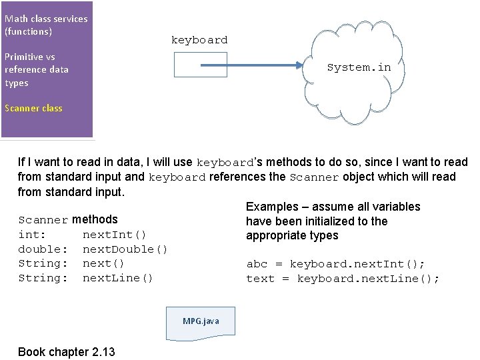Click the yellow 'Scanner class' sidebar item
tap(33, 108)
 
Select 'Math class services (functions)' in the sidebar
tap(45, 25)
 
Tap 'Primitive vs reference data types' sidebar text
tap(36, 69)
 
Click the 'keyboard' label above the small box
tap(199, 40)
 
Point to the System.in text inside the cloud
tap(359, 67)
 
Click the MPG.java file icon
tap(201, 321)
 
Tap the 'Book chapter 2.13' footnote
tap(66, 351)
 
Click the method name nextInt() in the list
tap(114, 235)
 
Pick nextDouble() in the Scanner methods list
tap(125, 249)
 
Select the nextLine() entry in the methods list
tap(117, 278)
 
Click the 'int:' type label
tap(32, 235)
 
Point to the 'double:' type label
tap(43, 249)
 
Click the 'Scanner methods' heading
tap(68, 219)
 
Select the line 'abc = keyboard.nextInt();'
tap(335, 264)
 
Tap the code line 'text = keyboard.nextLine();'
tap(343, 279)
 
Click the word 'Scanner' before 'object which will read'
tap(315, 177)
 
